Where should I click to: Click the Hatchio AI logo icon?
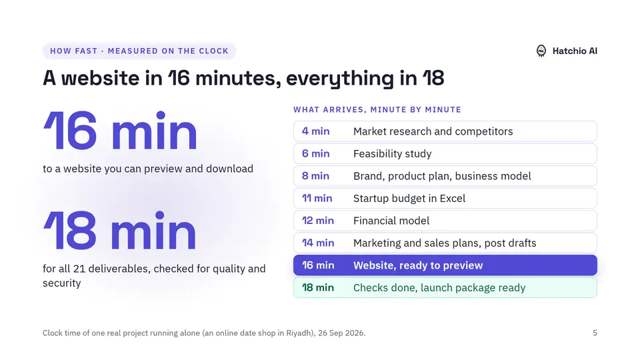point(541,51)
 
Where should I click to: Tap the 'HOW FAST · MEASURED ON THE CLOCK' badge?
point(139,51)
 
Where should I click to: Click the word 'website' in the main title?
point(101,78)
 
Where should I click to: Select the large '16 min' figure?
point(121,131)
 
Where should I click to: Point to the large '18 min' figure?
point(120,231)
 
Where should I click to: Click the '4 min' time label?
point(315,131)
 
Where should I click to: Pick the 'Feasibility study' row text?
point(392,153)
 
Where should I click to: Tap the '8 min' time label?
point(315,176)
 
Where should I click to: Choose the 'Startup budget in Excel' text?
point(409,199)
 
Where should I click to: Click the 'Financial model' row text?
point(391,221)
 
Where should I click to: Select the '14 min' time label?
point(318,243)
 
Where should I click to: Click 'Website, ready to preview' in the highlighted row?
point(418,265)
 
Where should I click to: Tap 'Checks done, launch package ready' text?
point(439,288)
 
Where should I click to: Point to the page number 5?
point(595,333)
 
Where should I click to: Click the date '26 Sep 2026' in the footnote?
point(341,333)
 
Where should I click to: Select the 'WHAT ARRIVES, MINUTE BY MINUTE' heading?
point(377,109)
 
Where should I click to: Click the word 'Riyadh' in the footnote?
point(299,333)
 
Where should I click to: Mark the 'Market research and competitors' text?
point(433,131)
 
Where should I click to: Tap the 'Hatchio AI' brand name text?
point(575,51)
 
